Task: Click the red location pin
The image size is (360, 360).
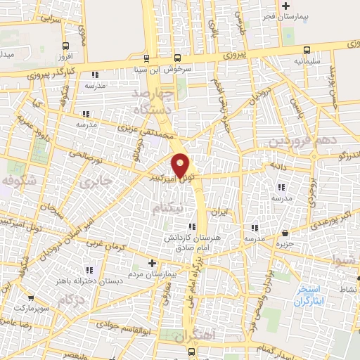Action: click(x=181, y=165)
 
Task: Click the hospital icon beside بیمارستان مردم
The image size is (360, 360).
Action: click(x=152, y=262)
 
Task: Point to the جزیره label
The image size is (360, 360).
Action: click(x=284, y=243)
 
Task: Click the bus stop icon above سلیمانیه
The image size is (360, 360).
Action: click(x=307, y=49)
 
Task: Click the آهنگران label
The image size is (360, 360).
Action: click(x=188, y=337)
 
